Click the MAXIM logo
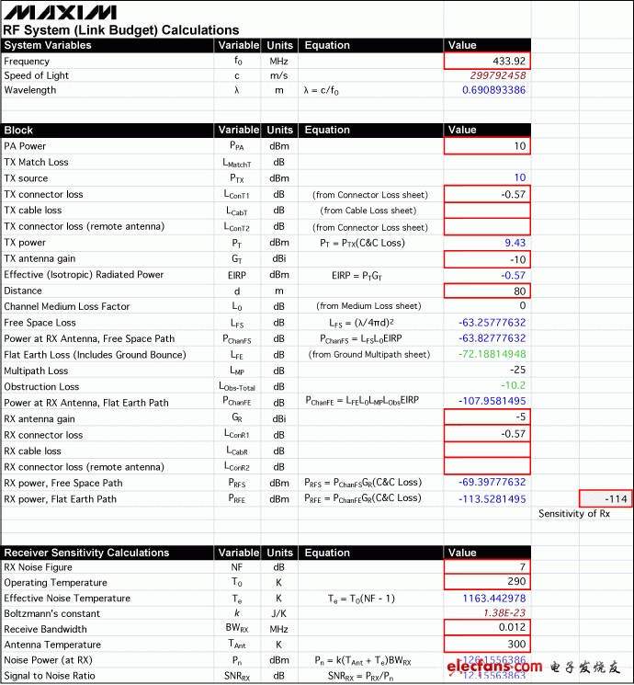tap(60, 12)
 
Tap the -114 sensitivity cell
tap(606, 498)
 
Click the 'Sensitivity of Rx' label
tap(574, 514)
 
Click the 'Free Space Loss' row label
tap(40, 323)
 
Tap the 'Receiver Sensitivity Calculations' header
tap(86, 553)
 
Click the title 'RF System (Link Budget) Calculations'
tap(121, 30)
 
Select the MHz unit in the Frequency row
tap(278, 61)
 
